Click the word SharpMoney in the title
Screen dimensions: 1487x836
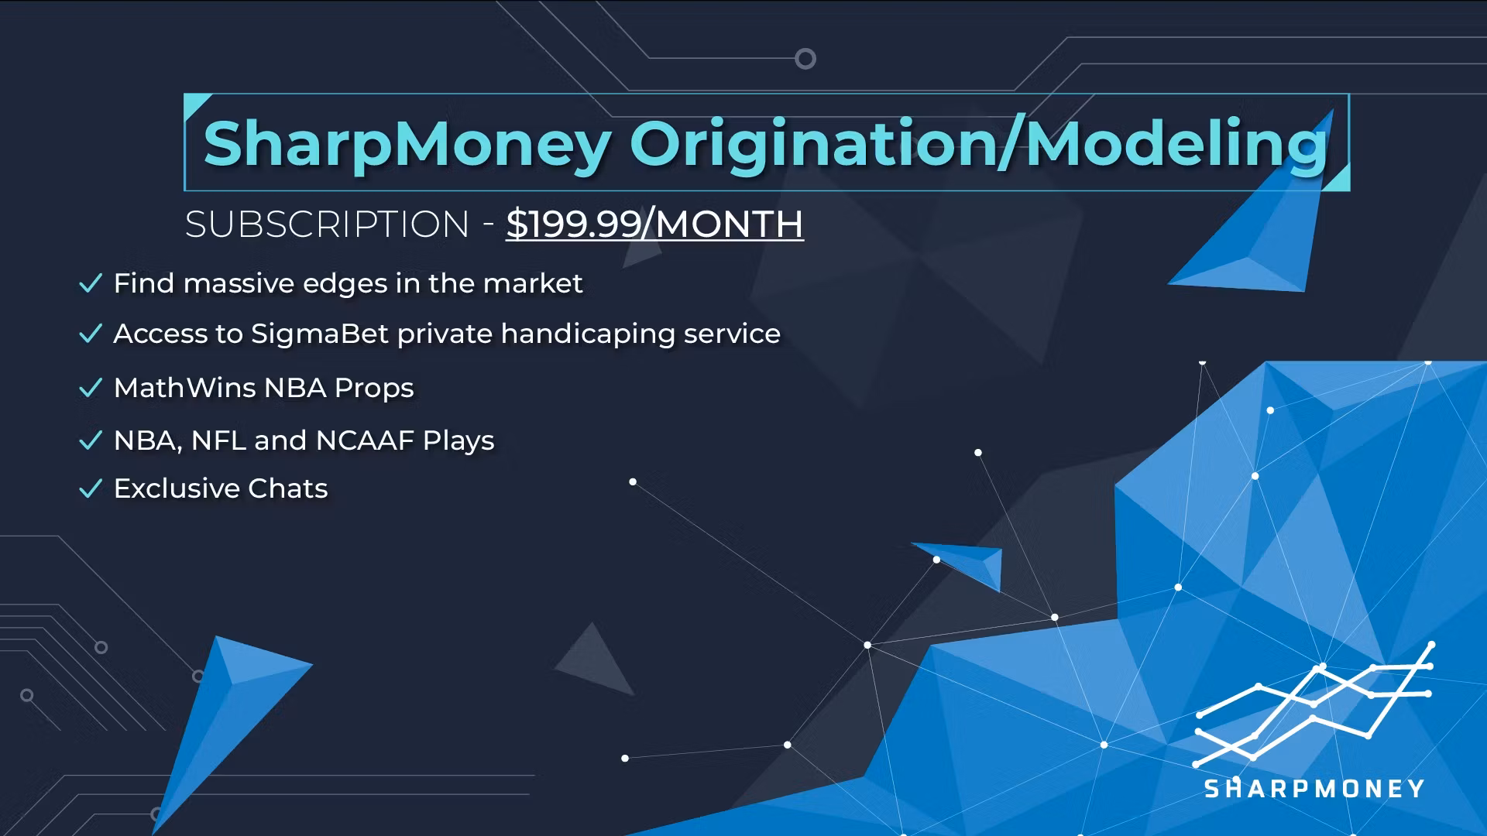407,145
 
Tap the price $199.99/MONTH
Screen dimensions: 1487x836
654,224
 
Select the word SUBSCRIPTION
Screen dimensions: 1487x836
327,224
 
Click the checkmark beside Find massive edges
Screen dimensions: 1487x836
91,283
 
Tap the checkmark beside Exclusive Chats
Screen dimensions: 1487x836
91,488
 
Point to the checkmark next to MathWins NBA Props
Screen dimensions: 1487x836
91,388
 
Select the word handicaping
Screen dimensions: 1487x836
588,334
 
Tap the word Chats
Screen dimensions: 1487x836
288,488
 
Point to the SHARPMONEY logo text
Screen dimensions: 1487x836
1314,789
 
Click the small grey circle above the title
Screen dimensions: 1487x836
805,59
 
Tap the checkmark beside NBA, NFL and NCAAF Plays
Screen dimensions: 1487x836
91,440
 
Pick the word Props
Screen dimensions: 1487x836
374,388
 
